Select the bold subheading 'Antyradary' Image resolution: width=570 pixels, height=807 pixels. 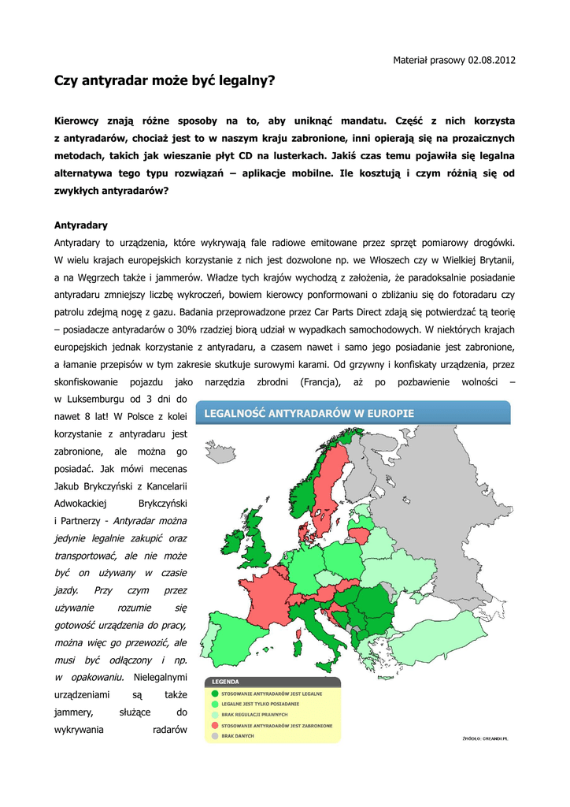(x=80, y=225)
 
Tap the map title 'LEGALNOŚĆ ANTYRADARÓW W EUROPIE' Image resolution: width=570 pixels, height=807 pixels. (x=309, y=413)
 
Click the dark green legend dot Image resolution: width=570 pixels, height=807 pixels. (x=215, y=694)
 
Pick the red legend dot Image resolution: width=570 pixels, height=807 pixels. (x=215, y=725)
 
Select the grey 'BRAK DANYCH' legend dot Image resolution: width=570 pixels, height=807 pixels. (x=215, y=736)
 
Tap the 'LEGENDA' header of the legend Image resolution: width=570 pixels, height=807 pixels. (x=225, y=682)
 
